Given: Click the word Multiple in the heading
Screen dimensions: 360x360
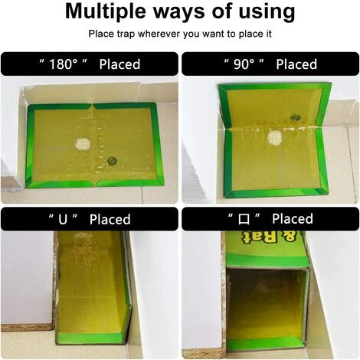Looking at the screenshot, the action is (x=106, y=11).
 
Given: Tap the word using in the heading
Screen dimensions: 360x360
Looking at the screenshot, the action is (x=267, y=12).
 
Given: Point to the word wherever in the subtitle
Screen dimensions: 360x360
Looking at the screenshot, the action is (x=159, y=34).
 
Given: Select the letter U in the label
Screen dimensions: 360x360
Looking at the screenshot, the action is (x=63, y=219).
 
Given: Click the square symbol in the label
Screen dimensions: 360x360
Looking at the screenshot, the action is (x=244, y=219).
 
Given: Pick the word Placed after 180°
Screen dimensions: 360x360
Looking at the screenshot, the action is (x=119, y=64).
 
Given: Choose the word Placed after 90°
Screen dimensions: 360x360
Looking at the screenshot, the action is (x=296, y=64).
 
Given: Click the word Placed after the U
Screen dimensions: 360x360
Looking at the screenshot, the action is (x=110, y=219).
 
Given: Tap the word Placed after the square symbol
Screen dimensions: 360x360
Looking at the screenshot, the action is (x=293, y=219).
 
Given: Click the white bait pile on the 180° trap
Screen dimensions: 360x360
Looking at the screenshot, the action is (x=83, y=144).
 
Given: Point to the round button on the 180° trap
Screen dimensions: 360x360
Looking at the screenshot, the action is (x=112, y=161).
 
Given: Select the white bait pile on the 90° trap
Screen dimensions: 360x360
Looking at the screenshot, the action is (x=275, y=138).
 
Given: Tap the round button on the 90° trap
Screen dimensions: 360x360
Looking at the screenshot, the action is (x=295, y=118).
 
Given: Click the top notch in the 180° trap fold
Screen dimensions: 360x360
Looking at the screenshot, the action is (x=93, y=105).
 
